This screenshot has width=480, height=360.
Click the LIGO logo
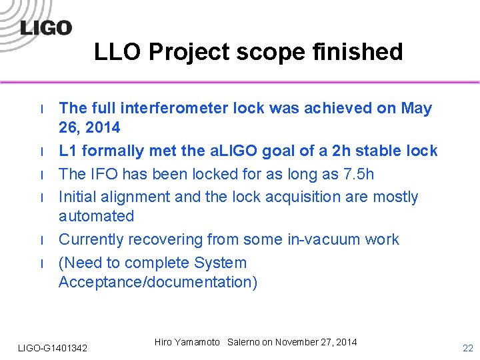(x=45, y=27)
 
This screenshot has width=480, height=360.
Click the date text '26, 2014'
(x=89, y=127)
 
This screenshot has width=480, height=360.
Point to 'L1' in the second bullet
(x=68, y=151)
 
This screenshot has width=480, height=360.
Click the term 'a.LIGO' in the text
(x=234, y=151)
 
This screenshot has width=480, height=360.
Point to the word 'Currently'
(x=91, y=239)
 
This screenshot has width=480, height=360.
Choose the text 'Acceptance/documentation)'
(x=157, y=282)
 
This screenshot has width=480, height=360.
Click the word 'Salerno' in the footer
(x=243, y=342)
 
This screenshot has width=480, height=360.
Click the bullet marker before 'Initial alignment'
(x=41, y=198)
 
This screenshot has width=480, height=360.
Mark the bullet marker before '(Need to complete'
(x=41, y=263)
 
